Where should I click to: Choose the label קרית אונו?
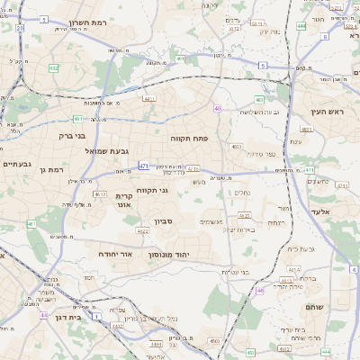[125, 200]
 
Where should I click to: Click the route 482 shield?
[54, 67]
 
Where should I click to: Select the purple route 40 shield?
[218, 108]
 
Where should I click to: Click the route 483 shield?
[259, 99]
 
